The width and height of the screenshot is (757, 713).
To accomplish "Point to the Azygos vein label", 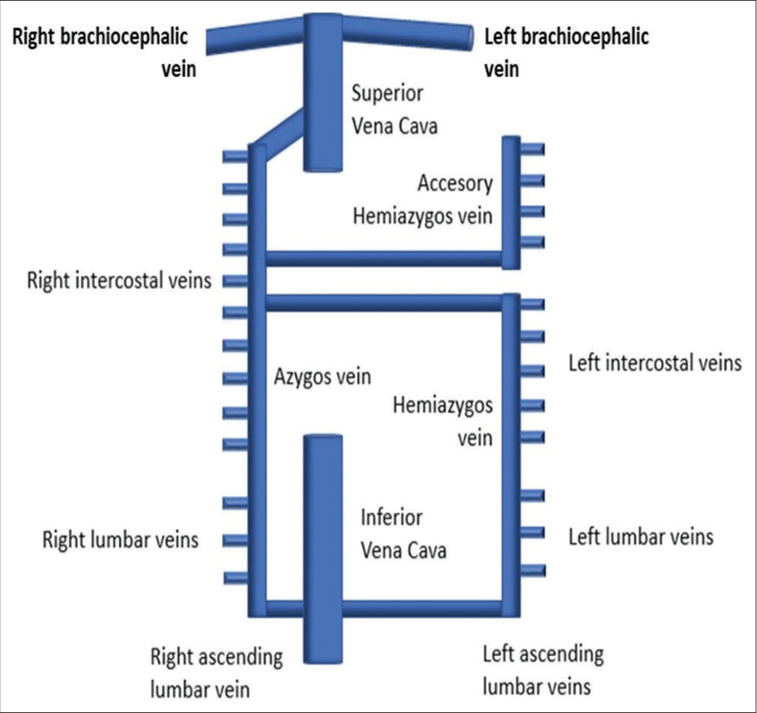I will coord(321,377).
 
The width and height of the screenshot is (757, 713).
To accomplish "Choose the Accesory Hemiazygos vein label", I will coord(423,200).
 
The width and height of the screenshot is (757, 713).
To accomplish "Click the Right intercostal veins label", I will coord(119,282).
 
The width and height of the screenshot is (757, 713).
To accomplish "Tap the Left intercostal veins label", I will coord(654,364).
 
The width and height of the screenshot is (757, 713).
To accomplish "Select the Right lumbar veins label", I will coord(120,539).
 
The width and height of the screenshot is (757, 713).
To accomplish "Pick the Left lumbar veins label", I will coord(641,536).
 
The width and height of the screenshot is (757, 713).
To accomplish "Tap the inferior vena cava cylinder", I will coord(322,547).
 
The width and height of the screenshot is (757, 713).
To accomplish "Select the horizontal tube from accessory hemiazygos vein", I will coord(384,258).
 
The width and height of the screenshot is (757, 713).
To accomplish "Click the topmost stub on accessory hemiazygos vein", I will coord(532,150).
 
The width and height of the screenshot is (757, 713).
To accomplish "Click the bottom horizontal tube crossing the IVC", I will coord(420,608).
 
